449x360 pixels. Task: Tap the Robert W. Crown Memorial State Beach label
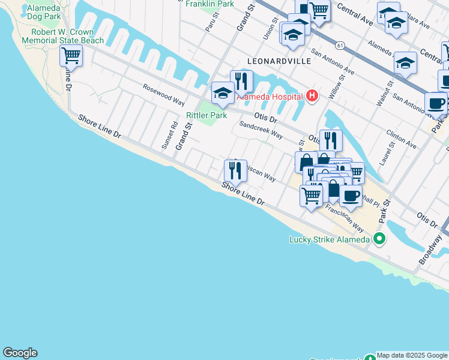tap(62, 36)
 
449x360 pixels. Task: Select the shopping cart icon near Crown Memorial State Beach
tap(71, 56)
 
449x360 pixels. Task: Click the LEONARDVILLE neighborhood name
tap(279, 61)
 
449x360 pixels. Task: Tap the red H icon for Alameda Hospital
tap(312, 95)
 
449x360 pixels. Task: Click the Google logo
tap(20, 353)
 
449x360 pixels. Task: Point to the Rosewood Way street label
tap(163, 95)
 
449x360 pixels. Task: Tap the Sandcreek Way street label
tap(261, 130)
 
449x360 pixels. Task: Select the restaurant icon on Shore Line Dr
tap(235, 172)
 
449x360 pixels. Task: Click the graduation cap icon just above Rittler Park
tap(222, 93)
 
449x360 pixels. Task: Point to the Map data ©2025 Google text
tap(412, 355)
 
